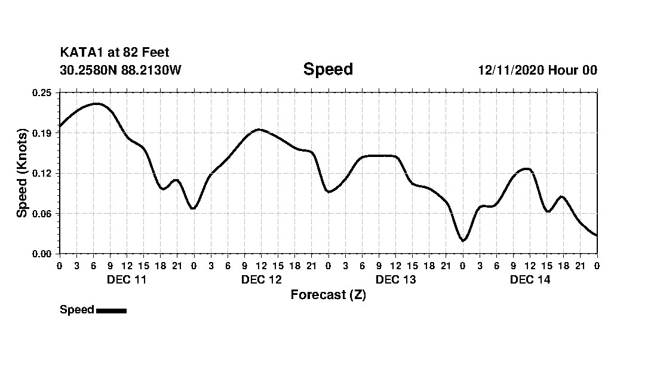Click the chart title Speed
click(328, 69)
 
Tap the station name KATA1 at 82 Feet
click(115, 53)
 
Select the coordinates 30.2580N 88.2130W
click(120, 70)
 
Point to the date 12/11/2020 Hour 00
click(537, 70)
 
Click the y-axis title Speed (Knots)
click(22, 173)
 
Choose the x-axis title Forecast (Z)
click(328, 294)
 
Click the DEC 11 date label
click(127, 279)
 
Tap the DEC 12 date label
click(261, 279)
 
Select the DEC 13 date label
click(395, 279)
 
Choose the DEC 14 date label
click(530, 279)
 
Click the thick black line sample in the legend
click(111, 310)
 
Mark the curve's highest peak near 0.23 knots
click(96, 103)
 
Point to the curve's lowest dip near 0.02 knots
click(463, 241)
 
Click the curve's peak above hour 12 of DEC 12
click(258, 129)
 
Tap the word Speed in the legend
click(77, 310)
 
